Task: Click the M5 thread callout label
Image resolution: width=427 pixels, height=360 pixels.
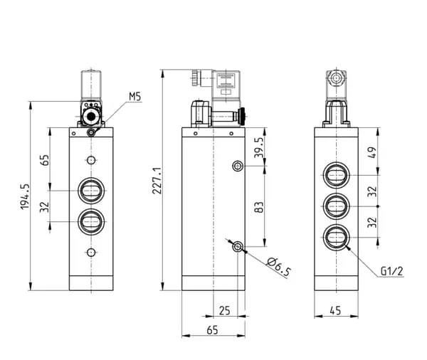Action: pos(135,97)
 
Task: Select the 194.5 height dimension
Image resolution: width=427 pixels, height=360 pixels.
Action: pos(25,196)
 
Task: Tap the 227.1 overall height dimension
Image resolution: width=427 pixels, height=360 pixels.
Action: pos(157,181)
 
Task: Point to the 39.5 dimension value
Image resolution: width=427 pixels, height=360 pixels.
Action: pos(259,147)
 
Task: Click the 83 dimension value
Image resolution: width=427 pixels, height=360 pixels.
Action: pos(259,207)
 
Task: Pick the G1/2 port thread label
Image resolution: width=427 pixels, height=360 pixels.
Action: pos(391,271)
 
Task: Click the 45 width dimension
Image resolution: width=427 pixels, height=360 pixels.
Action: pos(335,310)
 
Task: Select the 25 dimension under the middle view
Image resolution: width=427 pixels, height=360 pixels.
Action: pos(225,310)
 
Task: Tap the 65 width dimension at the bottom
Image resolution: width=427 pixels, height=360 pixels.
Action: pos(212,330)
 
